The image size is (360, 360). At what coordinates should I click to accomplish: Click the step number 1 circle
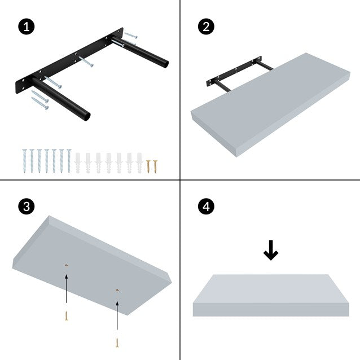pyautogui.click(x=24, y=26)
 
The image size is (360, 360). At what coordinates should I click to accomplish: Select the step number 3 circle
pyautogui.click(x=24, y=207)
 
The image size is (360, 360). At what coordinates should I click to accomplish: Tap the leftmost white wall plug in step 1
pyautogui.click(x=78, y=163)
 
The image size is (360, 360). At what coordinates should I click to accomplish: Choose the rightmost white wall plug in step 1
pyautogui.click(x=139, y=163)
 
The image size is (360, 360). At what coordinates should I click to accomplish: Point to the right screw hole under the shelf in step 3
pyautogui.click(x=117, y=290)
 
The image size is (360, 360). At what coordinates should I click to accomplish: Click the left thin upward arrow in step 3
pyautogui.click(x=67, y=291)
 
